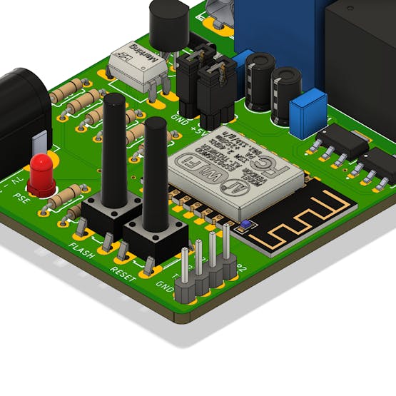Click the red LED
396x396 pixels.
(42, 172)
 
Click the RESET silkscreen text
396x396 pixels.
(122, 272)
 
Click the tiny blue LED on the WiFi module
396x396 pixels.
(245, 224)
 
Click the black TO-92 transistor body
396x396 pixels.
(167, 26)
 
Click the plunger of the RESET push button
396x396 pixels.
(155, 171)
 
